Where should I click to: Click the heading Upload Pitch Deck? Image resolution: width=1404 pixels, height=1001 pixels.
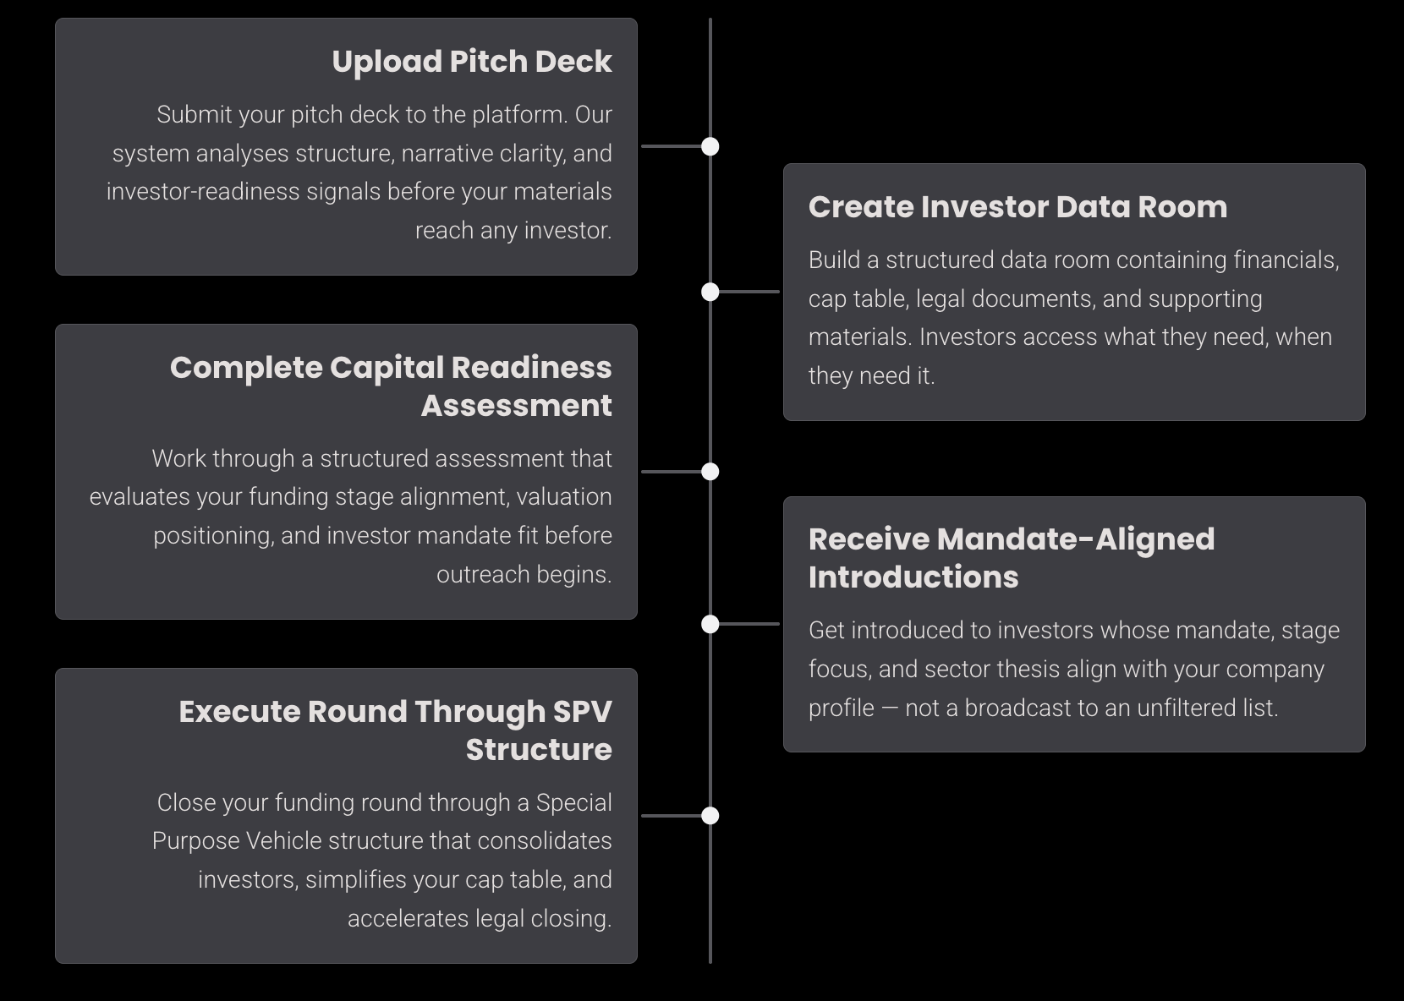471,62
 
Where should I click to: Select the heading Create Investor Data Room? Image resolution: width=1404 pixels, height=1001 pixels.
1017,207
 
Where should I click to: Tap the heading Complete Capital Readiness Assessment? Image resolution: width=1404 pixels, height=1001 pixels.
391,386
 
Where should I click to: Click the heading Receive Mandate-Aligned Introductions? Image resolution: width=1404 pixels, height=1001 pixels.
1011,557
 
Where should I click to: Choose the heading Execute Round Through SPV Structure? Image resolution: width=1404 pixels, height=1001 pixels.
395,730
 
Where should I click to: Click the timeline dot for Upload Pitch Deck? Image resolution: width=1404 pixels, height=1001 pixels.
710,146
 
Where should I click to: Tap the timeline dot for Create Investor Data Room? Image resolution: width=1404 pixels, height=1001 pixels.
710,292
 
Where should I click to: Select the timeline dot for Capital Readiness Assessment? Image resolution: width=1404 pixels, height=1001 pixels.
710,472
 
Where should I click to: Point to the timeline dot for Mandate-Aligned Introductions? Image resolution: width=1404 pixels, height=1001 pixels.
710,624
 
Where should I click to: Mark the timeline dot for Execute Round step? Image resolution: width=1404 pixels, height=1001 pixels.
710,816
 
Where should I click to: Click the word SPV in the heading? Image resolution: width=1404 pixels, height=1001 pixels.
582,712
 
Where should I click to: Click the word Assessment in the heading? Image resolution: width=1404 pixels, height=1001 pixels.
516,406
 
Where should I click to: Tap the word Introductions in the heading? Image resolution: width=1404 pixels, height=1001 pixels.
913,577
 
